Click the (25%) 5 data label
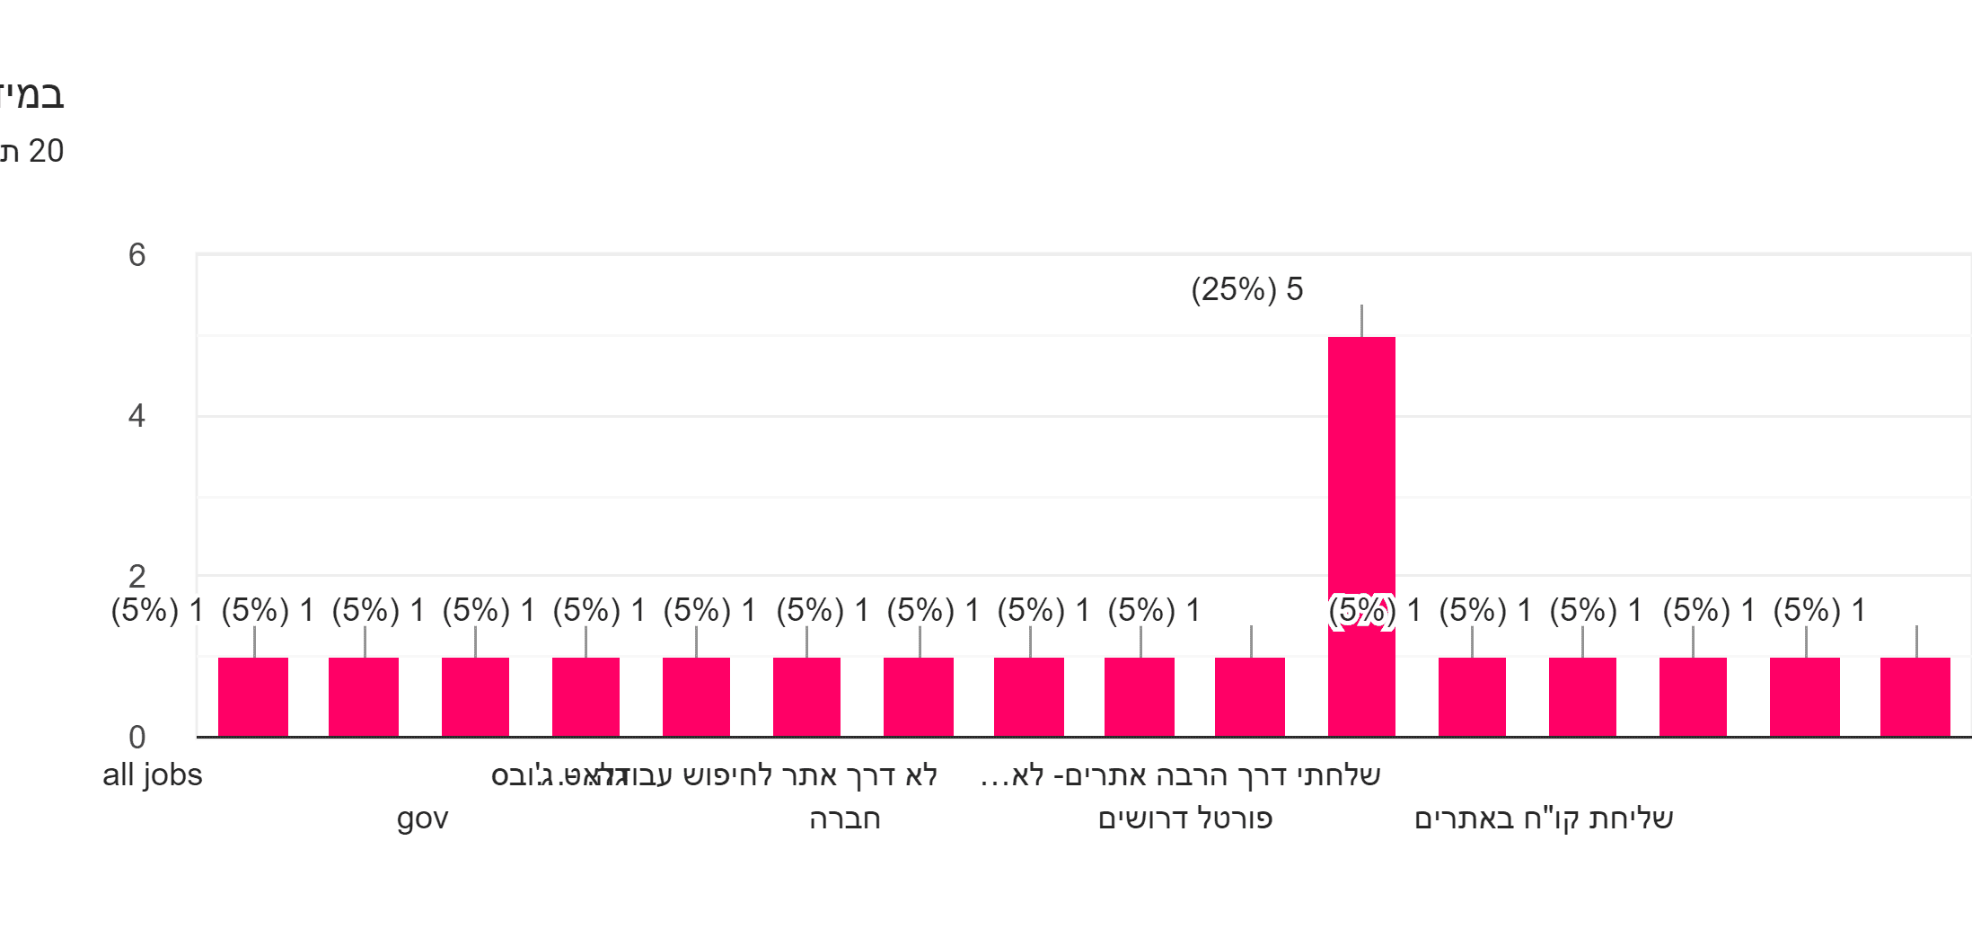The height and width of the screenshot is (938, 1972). pos(1246,289)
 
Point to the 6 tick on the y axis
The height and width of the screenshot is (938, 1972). pos(136,255)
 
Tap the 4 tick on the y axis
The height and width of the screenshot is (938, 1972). pos(136,416)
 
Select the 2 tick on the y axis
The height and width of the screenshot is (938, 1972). pos(136,576)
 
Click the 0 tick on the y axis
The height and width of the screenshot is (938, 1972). pos(136,737)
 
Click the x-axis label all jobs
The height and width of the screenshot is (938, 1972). pos(153,774)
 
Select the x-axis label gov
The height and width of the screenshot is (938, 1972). pos(422,819)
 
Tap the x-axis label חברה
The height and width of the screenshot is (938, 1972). pos(844,819)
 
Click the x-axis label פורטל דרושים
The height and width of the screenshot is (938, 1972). pos(1185,819)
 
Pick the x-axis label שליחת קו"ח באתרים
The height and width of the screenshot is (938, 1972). pos(1544,819)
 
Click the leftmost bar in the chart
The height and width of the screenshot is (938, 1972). pos(253,697)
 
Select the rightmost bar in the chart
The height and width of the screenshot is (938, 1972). pos(1915,697)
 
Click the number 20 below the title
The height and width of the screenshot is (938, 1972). pos(47,151)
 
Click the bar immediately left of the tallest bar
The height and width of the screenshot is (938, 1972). pos(1250,697)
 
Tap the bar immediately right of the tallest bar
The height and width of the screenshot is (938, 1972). pos(1472,697)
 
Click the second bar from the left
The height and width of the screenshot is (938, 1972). pos(364,697)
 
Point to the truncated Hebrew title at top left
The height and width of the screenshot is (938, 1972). pos(32,94)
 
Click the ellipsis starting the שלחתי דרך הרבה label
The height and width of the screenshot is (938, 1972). pos(994,778)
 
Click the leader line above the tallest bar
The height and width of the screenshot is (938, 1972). pos(1361,321)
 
